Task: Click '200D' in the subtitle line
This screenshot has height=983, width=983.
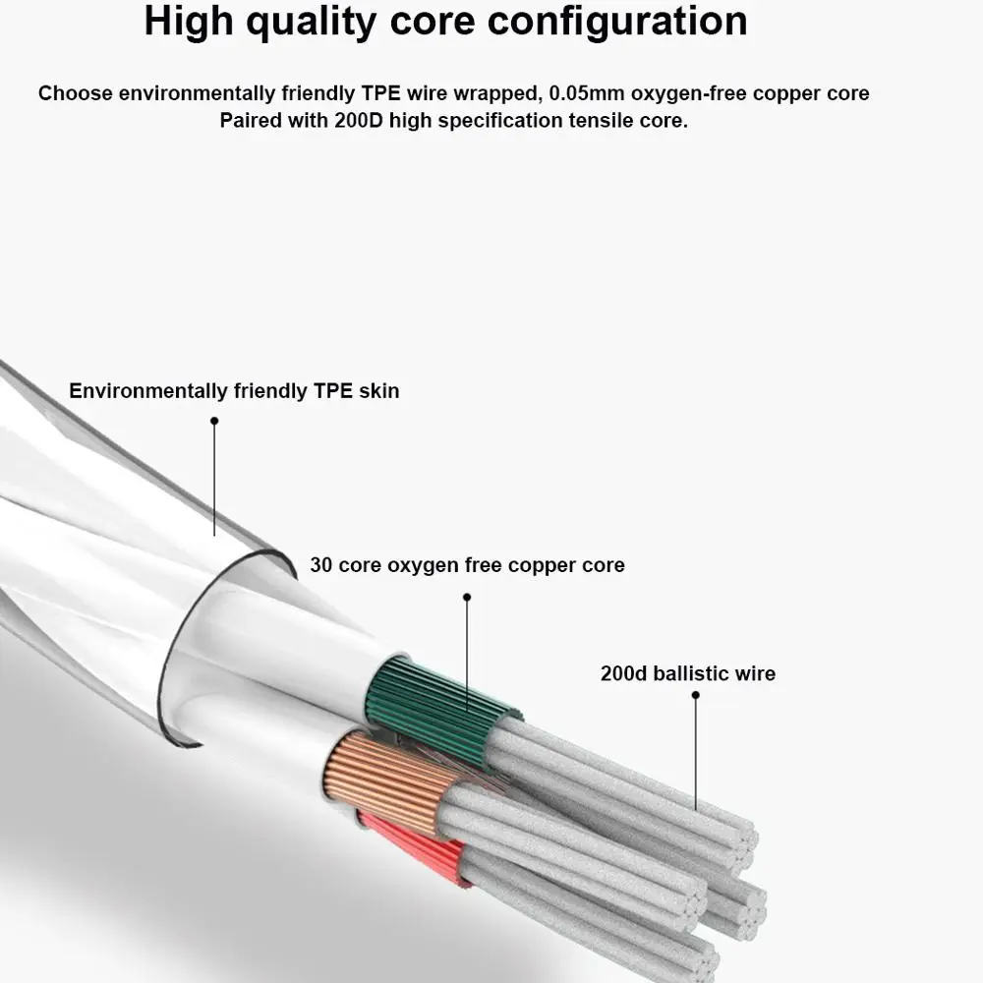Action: (x=366, y=121)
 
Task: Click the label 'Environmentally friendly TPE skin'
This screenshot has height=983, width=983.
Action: (x=234, y=391)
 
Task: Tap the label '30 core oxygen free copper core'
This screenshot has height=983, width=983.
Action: (x=467, y=565)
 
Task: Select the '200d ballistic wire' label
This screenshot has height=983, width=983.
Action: (x=687, y=673)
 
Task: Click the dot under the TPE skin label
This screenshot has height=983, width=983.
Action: (x=214, y=421)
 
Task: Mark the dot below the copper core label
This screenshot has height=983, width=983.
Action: (x=467, y=597)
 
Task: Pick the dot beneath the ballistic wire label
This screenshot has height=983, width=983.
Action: (x=695, y=695)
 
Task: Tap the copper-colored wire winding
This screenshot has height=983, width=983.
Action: (x=383, y=777)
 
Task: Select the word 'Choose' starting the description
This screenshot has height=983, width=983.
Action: (x=76, y=94)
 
